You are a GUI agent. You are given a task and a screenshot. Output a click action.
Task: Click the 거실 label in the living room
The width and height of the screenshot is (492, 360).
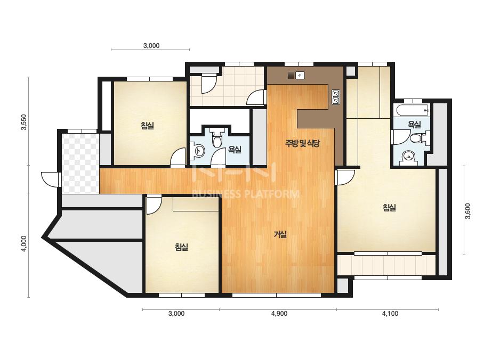pyautogui.click(x=280, y=234)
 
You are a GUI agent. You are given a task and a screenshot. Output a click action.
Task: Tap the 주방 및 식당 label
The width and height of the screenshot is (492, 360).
pyautogui.click(x=302, y=144)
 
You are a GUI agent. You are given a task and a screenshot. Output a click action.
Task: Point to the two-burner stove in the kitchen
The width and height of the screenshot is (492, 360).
pyautogui.click(x=336, y=97)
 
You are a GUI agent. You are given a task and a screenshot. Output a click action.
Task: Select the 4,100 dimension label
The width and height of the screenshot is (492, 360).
pyautogui.click(x=390, y=314)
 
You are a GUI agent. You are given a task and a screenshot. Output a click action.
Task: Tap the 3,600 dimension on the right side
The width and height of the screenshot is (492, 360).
pyautogui.click(x=468, y=211)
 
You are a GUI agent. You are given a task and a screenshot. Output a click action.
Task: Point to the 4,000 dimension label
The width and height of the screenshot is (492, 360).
pyautogui.click(x=24, y=244)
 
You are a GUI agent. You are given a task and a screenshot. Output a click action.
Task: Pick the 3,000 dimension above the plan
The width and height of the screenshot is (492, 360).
pyautogui.click(x=151, y=45)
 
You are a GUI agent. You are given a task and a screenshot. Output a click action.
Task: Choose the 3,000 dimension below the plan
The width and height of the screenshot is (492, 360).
pyautogui.click(x=176, y=314)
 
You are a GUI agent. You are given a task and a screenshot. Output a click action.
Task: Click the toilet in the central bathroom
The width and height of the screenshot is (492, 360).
pyautogui.click(x=216, y=138)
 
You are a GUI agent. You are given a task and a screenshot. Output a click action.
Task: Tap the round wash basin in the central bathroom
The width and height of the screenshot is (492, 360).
pyautogui.click(x=198, y=151)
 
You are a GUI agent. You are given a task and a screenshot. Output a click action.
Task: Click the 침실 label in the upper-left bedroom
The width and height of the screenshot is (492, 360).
pyautogui.click(x=148, y=126)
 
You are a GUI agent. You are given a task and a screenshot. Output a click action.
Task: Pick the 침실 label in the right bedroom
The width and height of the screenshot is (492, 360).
pyautogui.click(x=389, y=208)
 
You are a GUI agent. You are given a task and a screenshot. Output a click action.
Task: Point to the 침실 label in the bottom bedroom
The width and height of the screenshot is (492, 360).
pyautogui.click(x=181, y=247)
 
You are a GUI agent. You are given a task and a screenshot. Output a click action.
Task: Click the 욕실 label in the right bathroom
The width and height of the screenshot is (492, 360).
pyautogui.click(x=414, y=125)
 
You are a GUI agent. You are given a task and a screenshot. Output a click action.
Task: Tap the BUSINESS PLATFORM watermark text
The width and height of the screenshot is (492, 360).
pyautogui.click(x=245, y=194)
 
